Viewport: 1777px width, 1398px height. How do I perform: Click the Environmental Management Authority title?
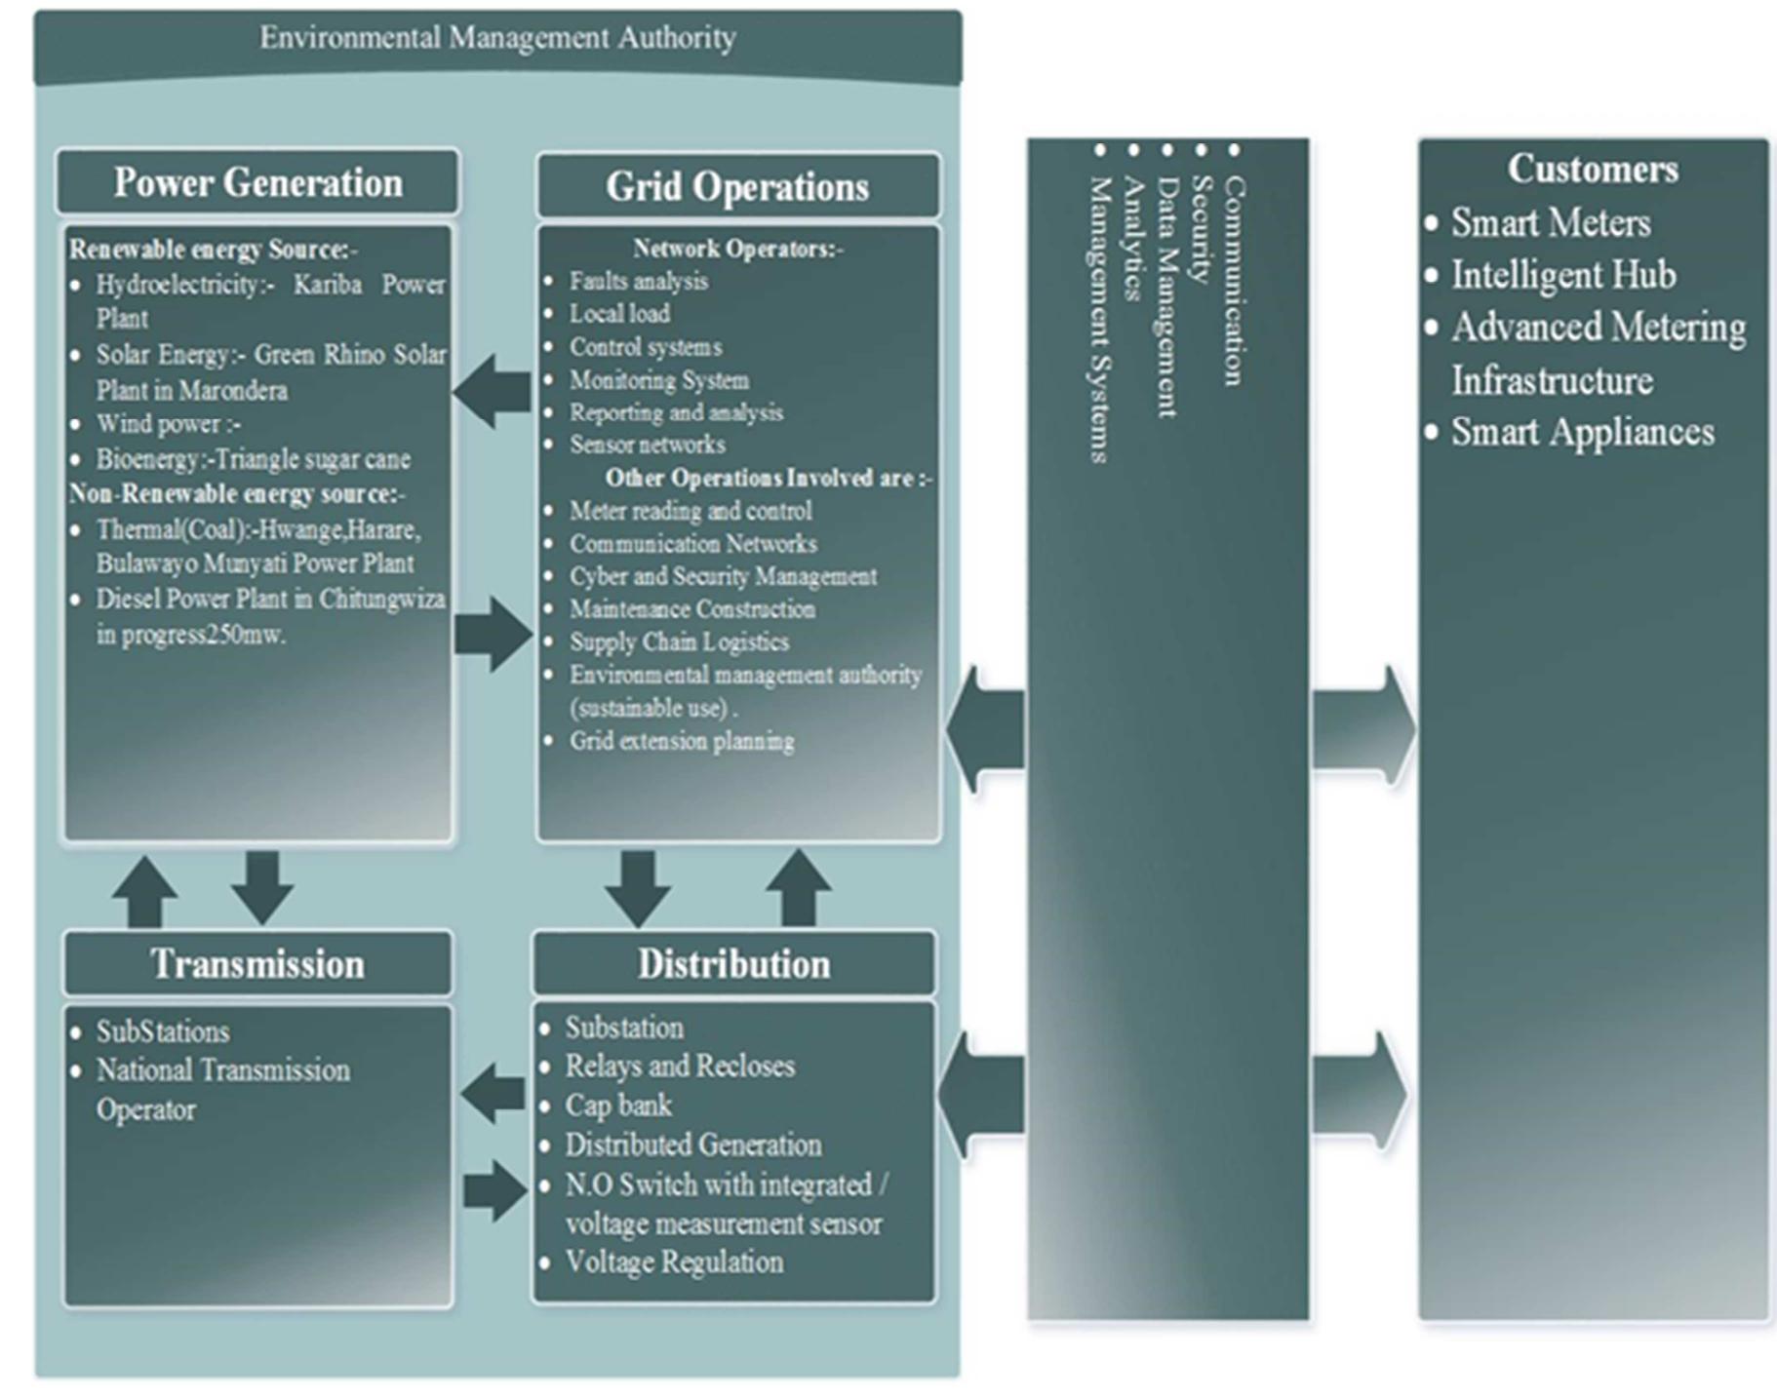click(x=497, y=38)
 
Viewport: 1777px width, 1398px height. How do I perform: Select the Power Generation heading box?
click(x=257, y=182)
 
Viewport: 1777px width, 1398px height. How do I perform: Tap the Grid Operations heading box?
click(x=737, y=186)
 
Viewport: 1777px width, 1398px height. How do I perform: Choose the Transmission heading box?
click(x=257, y=963)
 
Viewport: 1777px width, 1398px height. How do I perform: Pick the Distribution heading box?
click(x=733, y=963)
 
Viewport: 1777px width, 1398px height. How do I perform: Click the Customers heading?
click(x=1593, y=169)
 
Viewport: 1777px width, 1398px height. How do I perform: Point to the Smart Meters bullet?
click(x=1550, y=222)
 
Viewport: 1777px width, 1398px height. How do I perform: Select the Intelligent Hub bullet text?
click(x=1562, y=275)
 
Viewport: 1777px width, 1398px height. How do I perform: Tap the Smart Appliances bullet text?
click(x=1582, y=432)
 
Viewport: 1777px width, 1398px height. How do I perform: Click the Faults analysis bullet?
click(x=639, y=281)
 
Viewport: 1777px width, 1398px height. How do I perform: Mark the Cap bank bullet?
click(x=618, y=1105)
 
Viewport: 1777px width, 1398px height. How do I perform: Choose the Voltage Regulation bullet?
click(x=674, y=1262)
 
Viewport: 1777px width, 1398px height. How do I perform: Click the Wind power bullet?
click(x=168, y=424)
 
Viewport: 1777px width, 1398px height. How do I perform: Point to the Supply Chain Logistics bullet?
click(x=679, y=641)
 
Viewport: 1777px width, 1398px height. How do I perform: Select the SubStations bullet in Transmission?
click(x=163, y=1031)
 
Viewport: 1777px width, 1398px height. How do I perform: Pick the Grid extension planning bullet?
click(x=682, y=741)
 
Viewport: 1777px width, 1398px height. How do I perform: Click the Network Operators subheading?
click(x=737, y=249)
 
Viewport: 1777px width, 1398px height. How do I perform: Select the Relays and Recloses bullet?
click(x=680, y=1066)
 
